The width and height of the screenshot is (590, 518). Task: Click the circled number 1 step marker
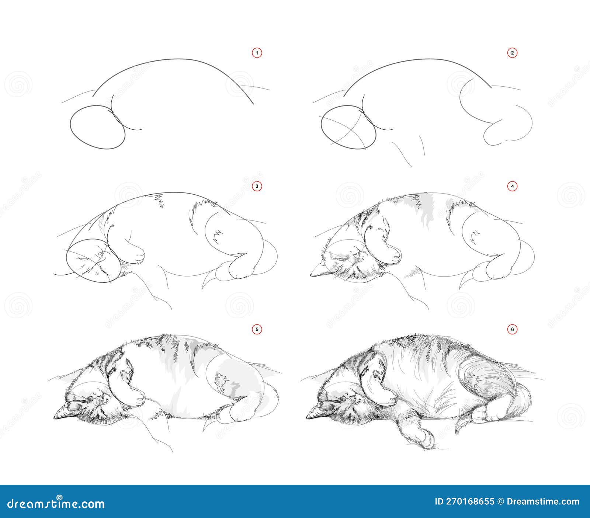point(257,53)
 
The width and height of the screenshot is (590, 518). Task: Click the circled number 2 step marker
point(512,53)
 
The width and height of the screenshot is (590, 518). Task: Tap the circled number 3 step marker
point(257,187)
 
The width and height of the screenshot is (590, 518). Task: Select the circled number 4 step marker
point(512,187)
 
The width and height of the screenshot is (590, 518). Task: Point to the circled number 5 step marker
point(257,328)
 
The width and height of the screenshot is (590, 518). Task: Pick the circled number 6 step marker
point(512,328)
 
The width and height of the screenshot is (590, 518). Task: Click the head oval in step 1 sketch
point(97,127)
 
